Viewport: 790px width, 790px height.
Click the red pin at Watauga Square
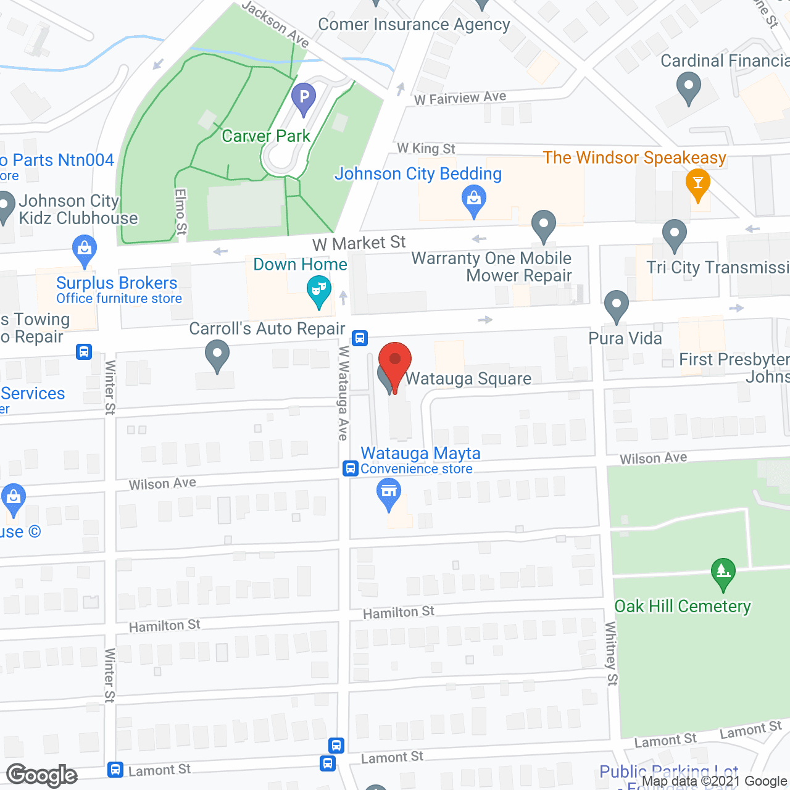(x=394, y=361)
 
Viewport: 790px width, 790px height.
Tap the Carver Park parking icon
(x=303, y=97)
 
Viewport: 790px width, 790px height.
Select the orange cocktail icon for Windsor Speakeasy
(x=698, y=183)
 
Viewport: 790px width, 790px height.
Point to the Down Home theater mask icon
(x=319, y=289)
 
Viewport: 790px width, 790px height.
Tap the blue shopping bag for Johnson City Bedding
(x=474, y=200)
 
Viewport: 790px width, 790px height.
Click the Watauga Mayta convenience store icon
(x=389, y=493)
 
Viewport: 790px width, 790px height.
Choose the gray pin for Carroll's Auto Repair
(x=217, y=356)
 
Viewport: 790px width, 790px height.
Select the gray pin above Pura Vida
(x=616, y=305)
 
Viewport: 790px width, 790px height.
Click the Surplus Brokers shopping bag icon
(x=84, y=249)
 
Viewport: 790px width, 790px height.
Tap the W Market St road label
(x=359, y=243)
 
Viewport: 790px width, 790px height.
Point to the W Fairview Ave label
(x=460, y=98)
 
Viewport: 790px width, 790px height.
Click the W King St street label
(x=426, y=148)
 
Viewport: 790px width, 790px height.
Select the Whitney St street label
(x=611, y=653)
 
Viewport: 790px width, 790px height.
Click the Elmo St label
(x=181, y=212)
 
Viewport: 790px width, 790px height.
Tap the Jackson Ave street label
(x=275, y=23)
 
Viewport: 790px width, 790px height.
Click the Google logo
(x=42, y=775)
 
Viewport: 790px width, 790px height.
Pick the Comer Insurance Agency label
(x=414, y=25)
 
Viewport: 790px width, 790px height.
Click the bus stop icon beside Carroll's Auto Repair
(x=360, y=338)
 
